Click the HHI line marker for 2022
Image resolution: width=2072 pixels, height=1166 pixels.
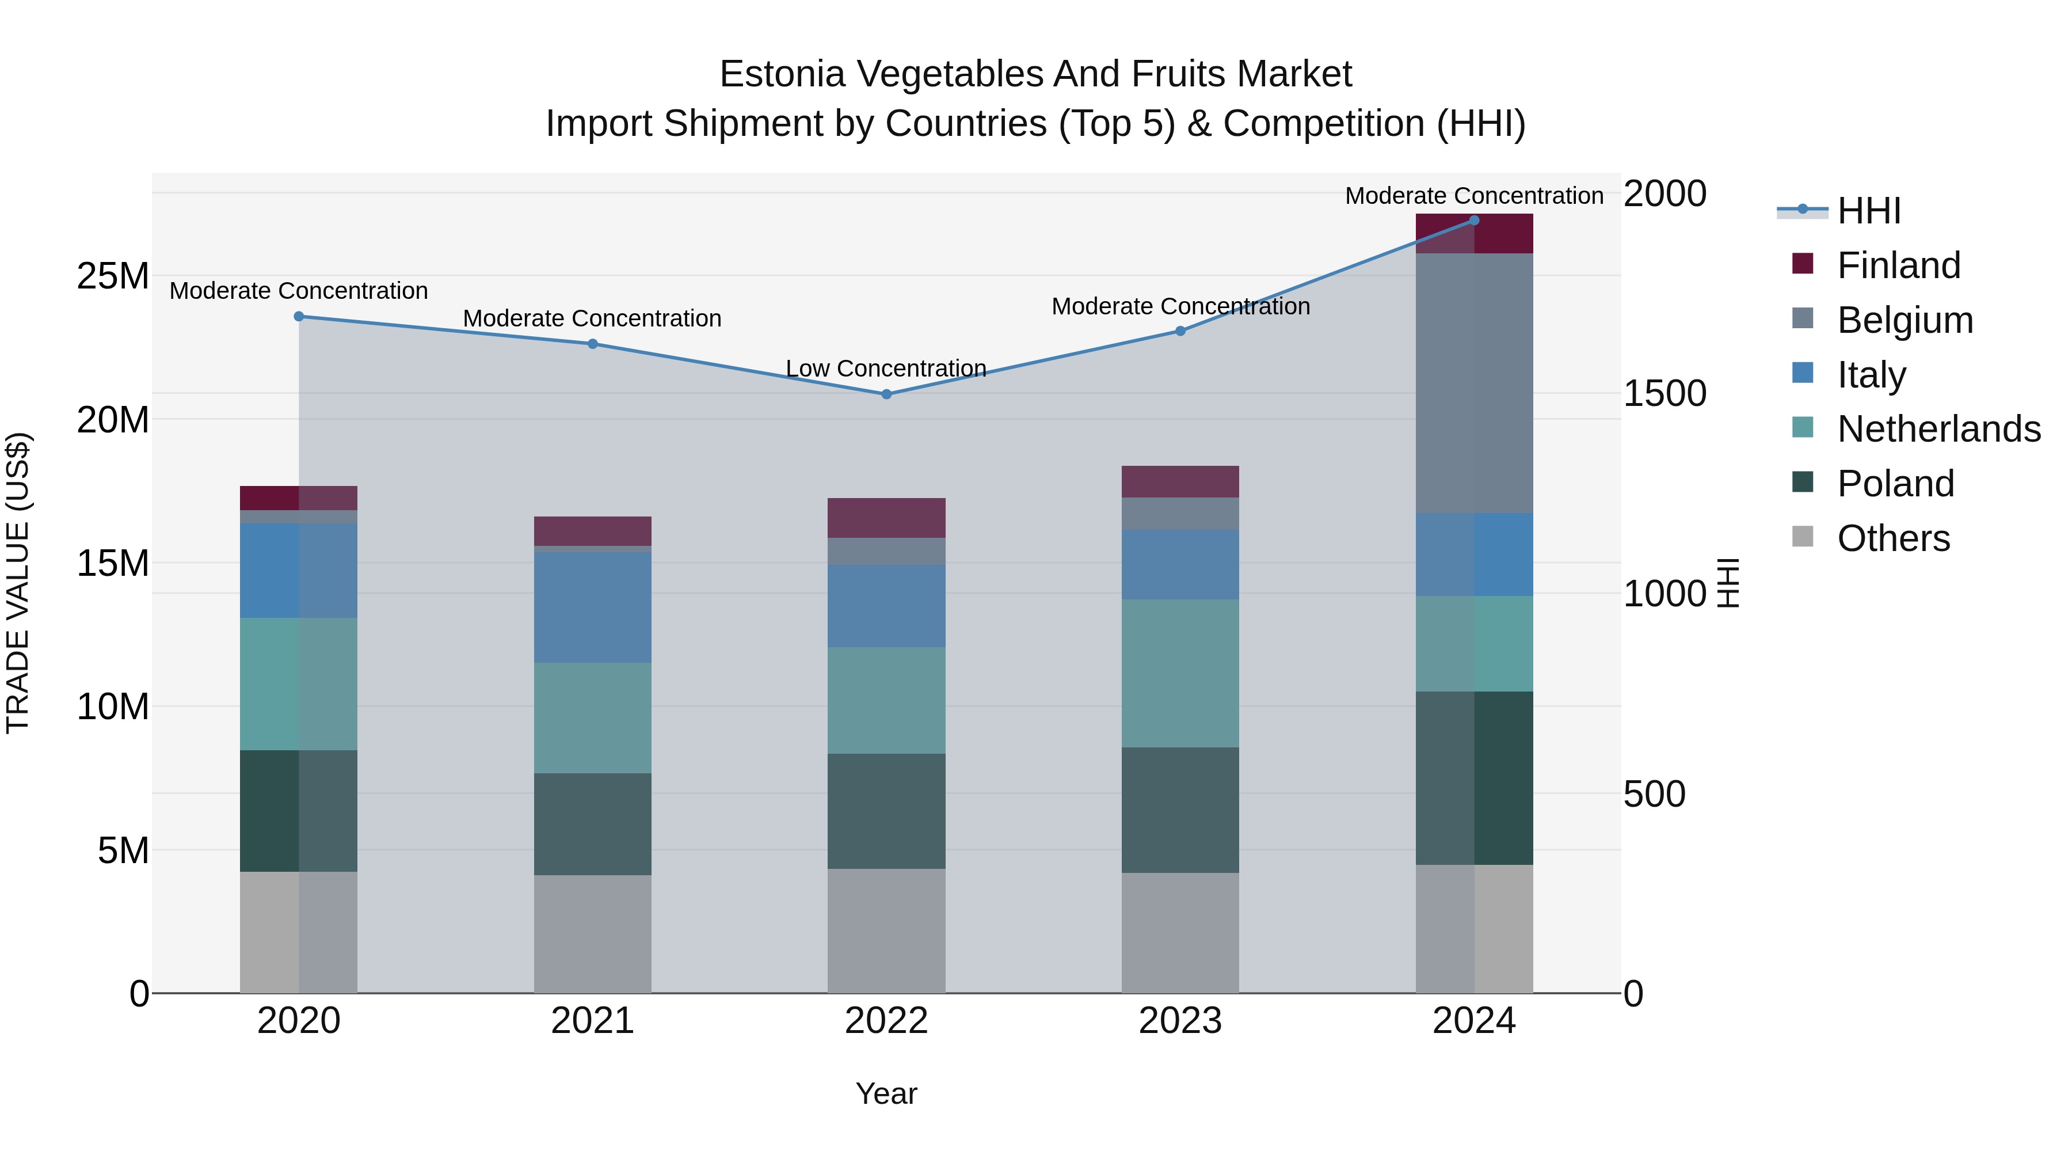pyautogui.click(x=886, y=394)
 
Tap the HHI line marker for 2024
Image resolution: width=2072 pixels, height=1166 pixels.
pyautogui.click(x=1475, y=221)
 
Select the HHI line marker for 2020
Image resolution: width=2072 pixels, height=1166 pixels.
pyautogui.click(x=299, y=316)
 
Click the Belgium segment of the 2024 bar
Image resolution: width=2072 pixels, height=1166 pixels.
pyautogui.click(x=1475, y=383)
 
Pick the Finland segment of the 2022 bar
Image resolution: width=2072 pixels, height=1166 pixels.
pyautogui.click(x=886, y=518)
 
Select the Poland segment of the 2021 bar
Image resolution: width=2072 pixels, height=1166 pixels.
pyautogui.click(x=593, y=824)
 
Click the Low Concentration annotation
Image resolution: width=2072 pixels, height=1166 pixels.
pyautogui.click(x=886, y=369)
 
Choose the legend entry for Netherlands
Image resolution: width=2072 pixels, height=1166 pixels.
pyautogui.click(x=1938, y=429)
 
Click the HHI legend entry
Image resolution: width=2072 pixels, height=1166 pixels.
pyautogui.click(x=1868, y=211)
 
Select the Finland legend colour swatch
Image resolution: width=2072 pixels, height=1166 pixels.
pyautogui.click(x=1803, y=264)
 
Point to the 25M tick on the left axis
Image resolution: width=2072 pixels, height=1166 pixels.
pyautogui.click(x=113, y=276)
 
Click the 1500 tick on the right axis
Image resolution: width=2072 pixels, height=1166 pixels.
pyautogui.click(x=1664, y=393)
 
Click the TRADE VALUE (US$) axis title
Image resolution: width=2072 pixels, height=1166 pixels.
pyautogui.click(x=18, y=583)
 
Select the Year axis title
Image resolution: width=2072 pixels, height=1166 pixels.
pyautogui.click(x=886, y=1093)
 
